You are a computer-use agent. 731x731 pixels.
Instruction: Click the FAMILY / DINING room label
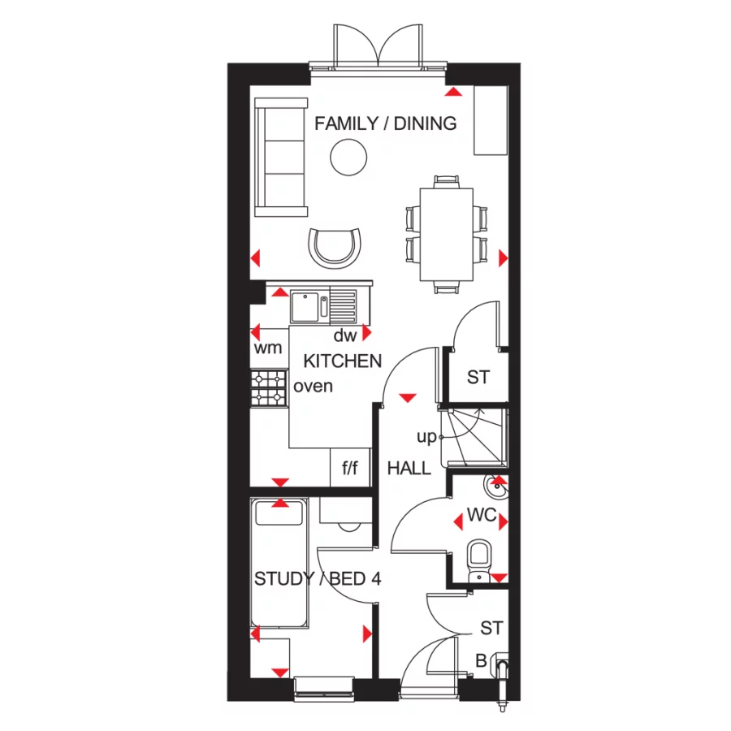pos(385,123)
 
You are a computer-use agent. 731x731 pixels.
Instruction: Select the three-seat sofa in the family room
pos(282,157)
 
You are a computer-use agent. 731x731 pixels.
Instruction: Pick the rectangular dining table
pos(446,234)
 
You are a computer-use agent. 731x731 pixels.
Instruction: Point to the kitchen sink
pos(308,306)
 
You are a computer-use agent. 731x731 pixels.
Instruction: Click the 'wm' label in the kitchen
pos(268,348)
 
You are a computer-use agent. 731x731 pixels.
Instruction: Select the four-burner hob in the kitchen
pos(270,387)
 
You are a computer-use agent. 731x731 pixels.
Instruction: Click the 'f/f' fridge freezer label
pos(350,468)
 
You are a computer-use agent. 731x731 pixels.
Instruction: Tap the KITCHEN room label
pos(342,361)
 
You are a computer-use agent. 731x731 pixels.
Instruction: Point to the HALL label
pos(409,468)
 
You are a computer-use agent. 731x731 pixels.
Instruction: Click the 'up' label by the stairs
pos(426,437)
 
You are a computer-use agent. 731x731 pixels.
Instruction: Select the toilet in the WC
pos(479,560)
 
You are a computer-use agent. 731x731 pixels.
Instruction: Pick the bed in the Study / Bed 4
pos(279,563)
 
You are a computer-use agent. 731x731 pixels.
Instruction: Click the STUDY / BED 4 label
pos(318,579)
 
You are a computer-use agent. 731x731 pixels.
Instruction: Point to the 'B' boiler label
pos(481,662)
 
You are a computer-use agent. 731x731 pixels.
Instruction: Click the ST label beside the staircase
pos(478,378)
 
